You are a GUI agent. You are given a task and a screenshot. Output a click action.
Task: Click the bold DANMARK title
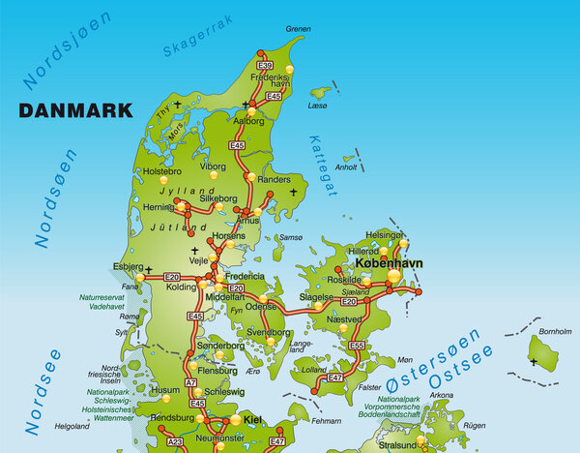75,110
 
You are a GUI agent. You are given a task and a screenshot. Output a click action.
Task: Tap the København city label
397,262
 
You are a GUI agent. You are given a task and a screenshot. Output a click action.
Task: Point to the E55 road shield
357,345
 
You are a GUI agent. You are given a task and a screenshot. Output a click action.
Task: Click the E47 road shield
335,376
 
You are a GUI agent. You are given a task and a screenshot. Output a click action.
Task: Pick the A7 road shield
191,383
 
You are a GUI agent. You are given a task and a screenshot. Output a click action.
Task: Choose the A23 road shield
176,441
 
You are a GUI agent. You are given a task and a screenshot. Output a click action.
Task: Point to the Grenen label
298,29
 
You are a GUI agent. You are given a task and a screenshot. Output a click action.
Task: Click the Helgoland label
72,425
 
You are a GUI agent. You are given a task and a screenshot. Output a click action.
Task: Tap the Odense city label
261,306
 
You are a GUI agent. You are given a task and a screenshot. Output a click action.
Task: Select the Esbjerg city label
128,265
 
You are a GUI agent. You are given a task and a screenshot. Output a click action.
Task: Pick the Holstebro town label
161,170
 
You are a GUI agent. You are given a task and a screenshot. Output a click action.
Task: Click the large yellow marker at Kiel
235,420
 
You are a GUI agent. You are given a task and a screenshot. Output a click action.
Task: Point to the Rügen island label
474,425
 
